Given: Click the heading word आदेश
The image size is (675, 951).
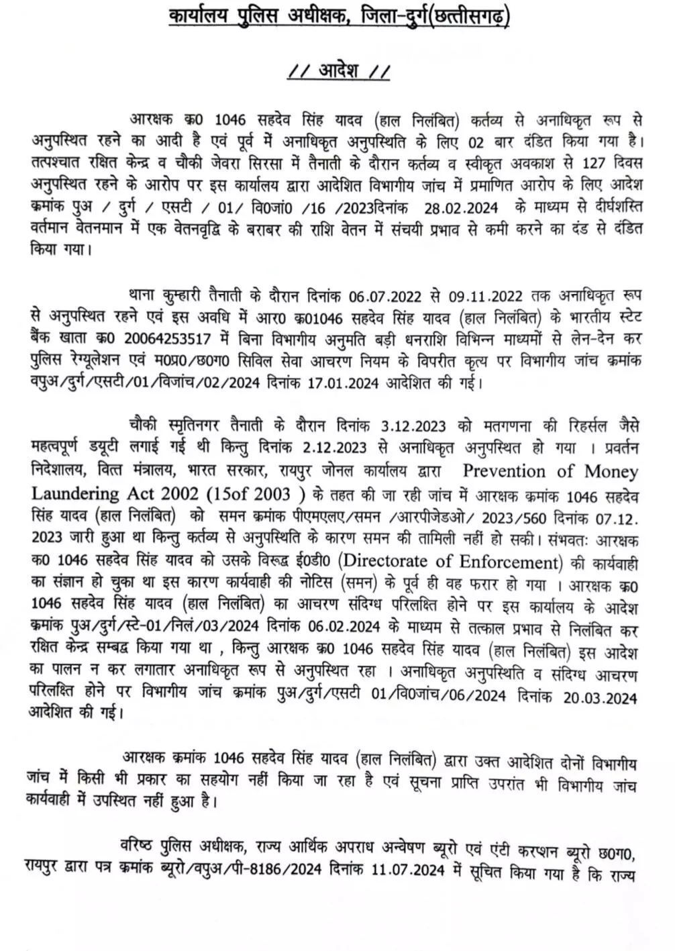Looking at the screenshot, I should (337, 70).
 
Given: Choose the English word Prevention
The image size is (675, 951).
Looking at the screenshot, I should (511, 471).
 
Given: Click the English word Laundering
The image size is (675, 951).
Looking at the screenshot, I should (74, 493).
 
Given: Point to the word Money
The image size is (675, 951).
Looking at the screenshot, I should (611, 471).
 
